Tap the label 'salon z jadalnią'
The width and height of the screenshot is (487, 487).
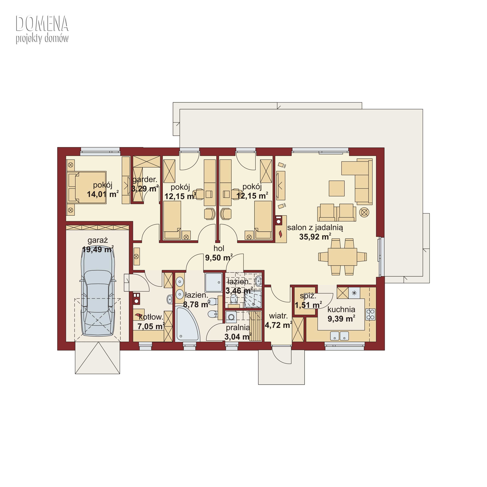coord(315,228)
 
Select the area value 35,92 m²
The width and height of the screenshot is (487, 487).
coord(315,237)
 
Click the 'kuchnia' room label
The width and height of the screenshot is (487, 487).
coord(341,309)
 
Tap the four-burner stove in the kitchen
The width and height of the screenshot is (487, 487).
coord(370,314)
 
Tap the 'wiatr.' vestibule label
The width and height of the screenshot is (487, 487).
coord(278,316)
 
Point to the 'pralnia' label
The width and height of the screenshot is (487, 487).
coord(238,328)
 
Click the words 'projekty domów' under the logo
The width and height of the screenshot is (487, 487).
coord(42,38)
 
